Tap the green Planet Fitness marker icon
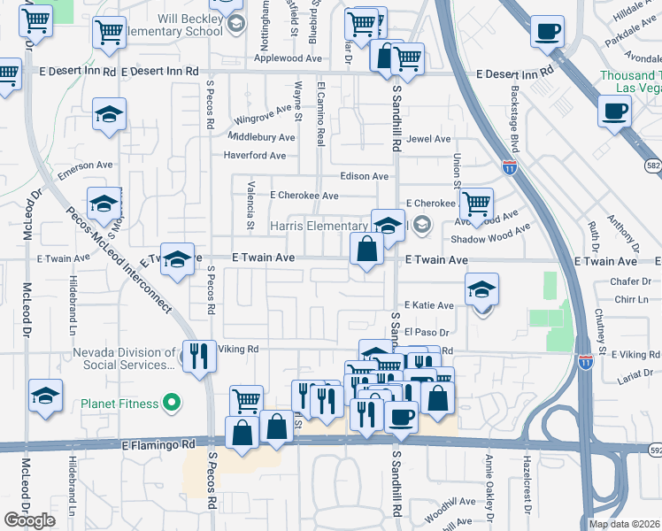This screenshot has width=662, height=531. point(173,404)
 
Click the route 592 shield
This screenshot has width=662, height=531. point(653,449)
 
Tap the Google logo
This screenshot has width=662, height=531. point(29,520)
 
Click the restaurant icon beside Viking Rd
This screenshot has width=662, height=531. point(199,356)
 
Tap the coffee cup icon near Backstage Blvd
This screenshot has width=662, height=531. point(547,33)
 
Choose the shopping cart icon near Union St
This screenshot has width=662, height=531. point(476,204)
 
